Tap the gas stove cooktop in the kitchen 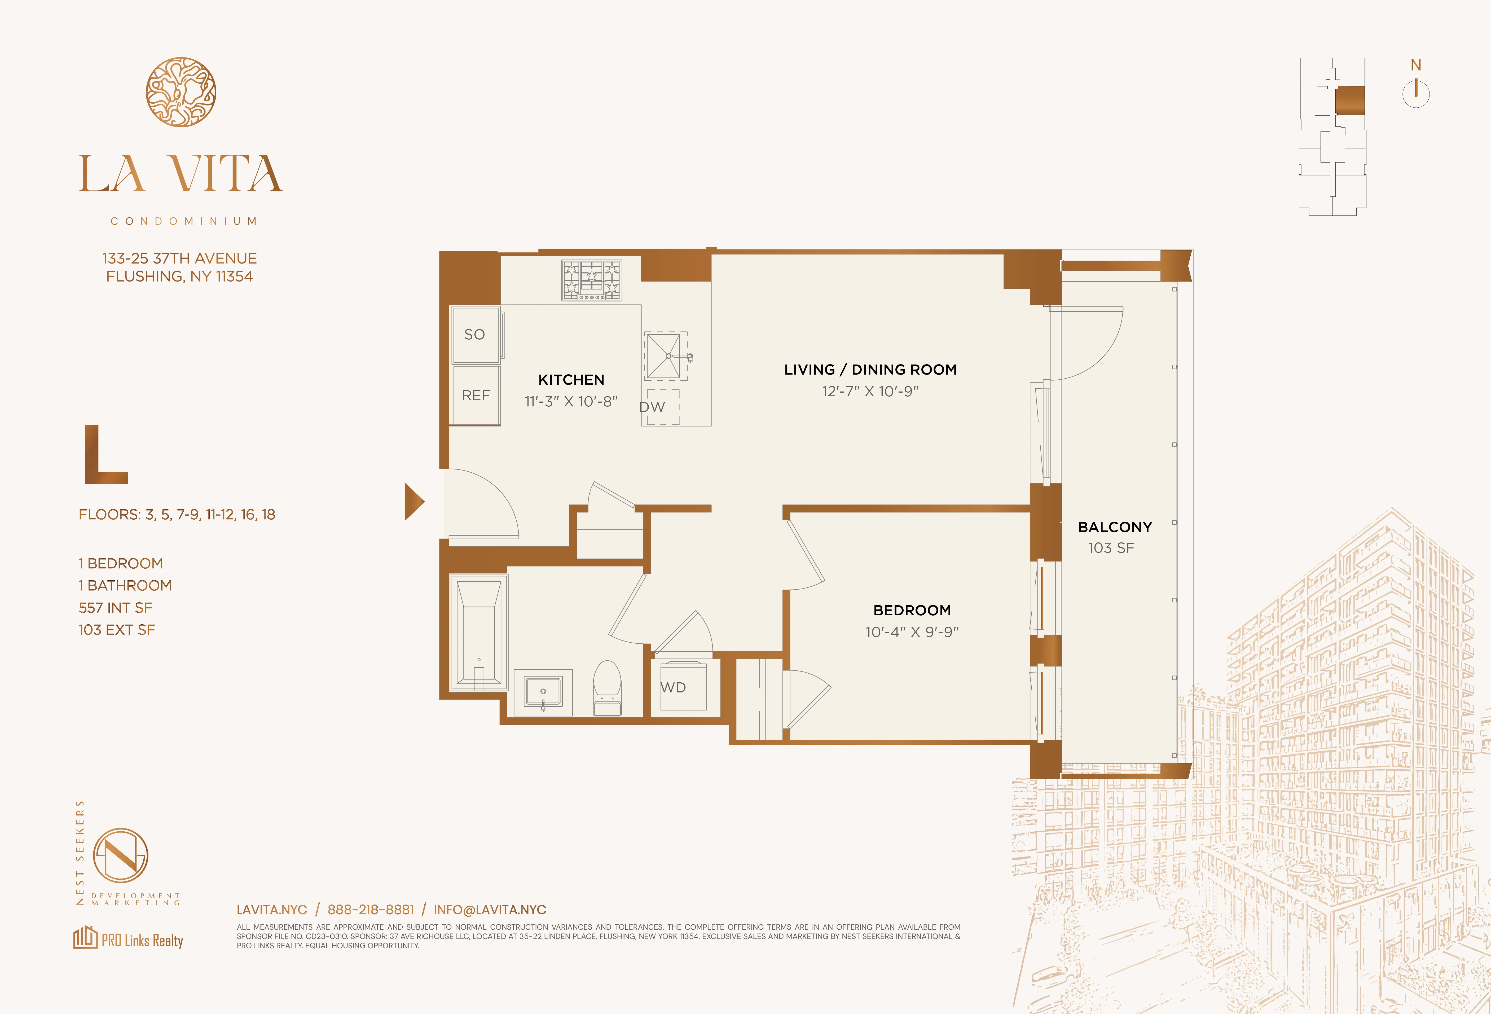592,280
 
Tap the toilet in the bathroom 607,689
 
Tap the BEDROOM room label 912,610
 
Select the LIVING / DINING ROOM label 870,370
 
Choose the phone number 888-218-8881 370,909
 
